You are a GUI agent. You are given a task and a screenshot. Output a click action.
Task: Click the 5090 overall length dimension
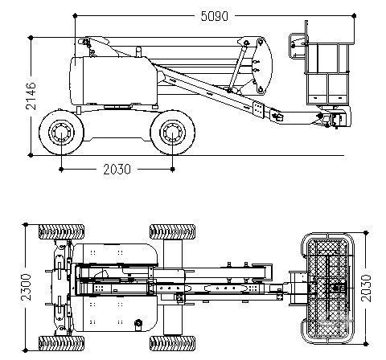point(215,16)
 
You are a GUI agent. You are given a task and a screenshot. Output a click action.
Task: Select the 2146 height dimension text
point(31,96)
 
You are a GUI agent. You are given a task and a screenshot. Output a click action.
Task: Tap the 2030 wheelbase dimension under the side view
point(117,170)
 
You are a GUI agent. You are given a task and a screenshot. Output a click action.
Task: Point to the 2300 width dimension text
point(27,287)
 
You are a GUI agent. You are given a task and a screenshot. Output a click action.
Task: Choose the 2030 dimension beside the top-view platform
point(367,288)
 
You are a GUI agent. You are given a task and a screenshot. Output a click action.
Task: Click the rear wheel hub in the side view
point(61,133)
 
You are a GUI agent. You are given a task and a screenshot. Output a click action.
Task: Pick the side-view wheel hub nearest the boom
point(173,133)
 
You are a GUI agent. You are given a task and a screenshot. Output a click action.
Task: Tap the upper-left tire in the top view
point(61,231)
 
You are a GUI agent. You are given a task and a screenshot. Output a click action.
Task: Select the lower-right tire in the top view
point(172,343)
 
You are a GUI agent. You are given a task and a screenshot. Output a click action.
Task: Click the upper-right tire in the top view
point(172,231)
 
